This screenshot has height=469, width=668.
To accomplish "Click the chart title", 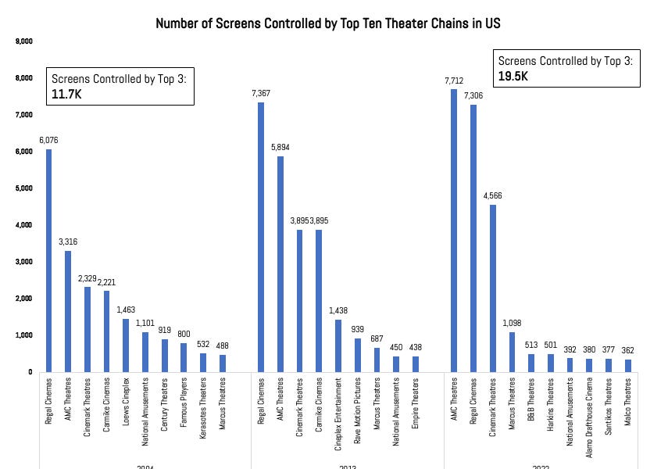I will coord(328,23).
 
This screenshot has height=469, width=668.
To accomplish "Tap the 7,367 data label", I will coord(262,94).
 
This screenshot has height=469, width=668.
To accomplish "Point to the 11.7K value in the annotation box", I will coord(68,94).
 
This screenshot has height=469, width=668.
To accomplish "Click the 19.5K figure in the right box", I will coord(514,76).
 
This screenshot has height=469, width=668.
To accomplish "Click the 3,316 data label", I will coord(68,242).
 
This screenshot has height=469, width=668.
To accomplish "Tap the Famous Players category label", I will coord(183,403).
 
